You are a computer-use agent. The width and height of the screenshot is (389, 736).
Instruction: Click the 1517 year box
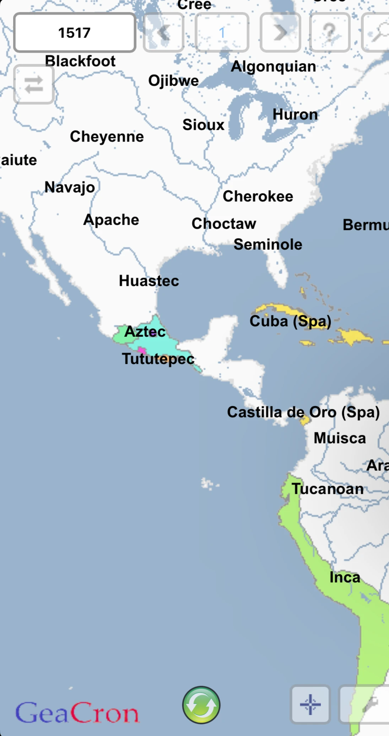pyautogui.click(x=75, y=33)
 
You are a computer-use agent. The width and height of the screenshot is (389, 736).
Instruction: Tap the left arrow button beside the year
pyautogui.click(x=163, y=33)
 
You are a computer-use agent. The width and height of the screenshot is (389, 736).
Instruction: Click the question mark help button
pyautogui.click(x=330, y=33)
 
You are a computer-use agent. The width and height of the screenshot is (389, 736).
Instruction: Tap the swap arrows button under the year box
pyautogui.click(x=34, y=85)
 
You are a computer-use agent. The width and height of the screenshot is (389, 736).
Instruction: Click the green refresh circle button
pyautogui.click(x=201, y=705)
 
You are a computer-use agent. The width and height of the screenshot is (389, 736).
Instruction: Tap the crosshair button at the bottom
pyautogui.click(x=310, y=704)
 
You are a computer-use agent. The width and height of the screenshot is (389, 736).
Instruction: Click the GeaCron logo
pyautogui.click(x=77, y=713)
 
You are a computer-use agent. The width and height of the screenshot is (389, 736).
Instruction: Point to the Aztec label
pyautogui.click(x=145, y=332)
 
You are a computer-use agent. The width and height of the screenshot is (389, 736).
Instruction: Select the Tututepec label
pyautogui.click(x=158, y=359)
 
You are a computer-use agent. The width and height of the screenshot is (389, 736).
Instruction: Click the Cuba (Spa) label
pyautogui.click(x=290, y=321)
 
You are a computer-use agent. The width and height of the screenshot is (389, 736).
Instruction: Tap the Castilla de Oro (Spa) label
pyautogui.click(x=303, y=412)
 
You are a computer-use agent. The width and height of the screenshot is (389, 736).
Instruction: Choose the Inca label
pyautogui.click(x=345, y=577)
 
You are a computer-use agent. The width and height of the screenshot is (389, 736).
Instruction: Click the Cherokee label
pyautogui.click(x=258, y=196)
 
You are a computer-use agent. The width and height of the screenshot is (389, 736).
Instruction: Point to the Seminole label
pyautogui.click(x=268, y=245)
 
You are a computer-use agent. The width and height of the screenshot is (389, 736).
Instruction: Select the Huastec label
pyautogui.click(x=149, y=281)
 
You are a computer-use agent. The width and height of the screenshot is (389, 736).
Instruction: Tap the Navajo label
pyautogui.click(x=70, y=187)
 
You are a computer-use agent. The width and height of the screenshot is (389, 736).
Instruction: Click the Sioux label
pyautogui.click(x=203, y=125)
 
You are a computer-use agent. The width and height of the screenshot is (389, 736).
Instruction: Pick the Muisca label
pyautogui.click(x=340, y=438)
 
